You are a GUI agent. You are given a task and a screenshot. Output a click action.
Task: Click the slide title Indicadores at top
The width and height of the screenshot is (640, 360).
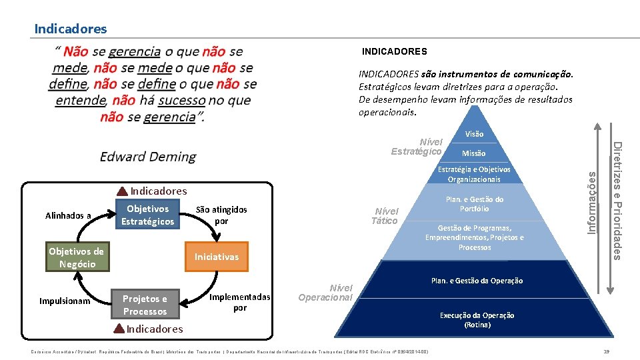[70, 29]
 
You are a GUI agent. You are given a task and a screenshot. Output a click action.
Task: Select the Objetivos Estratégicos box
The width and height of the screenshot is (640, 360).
[147, 215]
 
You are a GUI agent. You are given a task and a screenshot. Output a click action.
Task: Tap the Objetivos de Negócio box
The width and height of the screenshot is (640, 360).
[77, 257]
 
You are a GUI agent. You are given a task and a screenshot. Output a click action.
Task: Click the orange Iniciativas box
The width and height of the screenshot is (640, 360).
[216, 257]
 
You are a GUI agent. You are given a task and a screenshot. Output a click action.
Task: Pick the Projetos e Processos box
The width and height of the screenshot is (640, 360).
[145, 305]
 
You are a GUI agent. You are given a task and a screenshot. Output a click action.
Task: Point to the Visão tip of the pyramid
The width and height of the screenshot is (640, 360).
[474, 134]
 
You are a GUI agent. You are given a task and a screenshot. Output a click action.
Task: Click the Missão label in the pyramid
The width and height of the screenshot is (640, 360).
[474, 153]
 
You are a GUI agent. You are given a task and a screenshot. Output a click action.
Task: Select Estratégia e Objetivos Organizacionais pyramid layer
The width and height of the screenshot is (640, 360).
[474, 174]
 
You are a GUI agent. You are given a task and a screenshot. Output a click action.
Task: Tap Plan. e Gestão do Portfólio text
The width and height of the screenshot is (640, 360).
[474, 204]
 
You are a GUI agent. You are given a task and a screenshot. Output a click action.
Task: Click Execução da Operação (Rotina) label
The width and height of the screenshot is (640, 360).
[477, 320]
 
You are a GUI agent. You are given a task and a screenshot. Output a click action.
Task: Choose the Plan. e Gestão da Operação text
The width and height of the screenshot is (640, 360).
[477, 281]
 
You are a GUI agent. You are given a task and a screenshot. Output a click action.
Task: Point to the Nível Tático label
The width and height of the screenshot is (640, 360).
[385, 216]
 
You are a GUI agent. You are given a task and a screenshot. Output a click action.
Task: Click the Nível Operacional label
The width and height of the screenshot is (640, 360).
[326, 293]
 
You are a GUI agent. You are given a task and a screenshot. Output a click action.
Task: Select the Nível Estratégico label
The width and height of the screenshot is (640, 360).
[417, 147]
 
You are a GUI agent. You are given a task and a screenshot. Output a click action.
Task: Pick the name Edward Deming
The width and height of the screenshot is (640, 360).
[148, 157]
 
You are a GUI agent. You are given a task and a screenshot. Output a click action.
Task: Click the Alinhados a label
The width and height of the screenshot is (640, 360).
[68, 215]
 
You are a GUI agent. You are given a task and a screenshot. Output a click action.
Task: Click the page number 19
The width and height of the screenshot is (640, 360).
[606, 351]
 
